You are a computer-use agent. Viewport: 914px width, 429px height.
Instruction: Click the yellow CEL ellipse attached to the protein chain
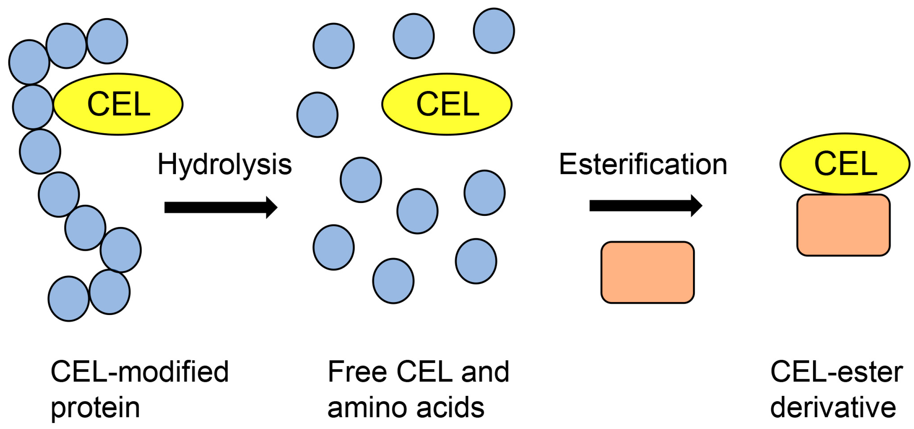118,104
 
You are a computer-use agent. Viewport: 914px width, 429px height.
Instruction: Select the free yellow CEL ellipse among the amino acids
447,104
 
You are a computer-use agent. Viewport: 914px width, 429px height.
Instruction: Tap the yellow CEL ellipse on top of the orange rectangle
845,164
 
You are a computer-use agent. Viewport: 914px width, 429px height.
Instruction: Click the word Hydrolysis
224,164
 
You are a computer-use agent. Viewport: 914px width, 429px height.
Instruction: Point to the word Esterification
643,164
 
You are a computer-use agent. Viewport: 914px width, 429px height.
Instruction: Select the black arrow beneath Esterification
646,205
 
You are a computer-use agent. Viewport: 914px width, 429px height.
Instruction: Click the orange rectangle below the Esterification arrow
647,272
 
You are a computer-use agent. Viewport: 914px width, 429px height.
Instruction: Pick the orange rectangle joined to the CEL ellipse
843,225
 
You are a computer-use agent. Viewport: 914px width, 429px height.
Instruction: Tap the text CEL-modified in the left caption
139,371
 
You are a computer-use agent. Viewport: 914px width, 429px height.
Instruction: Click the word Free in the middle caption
357,371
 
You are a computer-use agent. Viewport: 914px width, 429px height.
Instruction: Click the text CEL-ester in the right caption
836,371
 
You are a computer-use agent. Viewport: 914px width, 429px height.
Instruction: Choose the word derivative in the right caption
833,408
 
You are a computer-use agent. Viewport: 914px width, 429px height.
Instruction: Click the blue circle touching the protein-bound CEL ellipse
33,107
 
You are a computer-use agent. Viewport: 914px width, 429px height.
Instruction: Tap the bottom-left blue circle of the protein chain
68,299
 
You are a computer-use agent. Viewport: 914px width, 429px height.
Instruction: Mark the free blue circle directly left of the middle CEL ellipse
317,114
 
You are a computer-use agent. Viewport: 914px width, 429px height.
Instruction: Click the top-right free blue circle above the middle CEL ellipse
494,31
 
